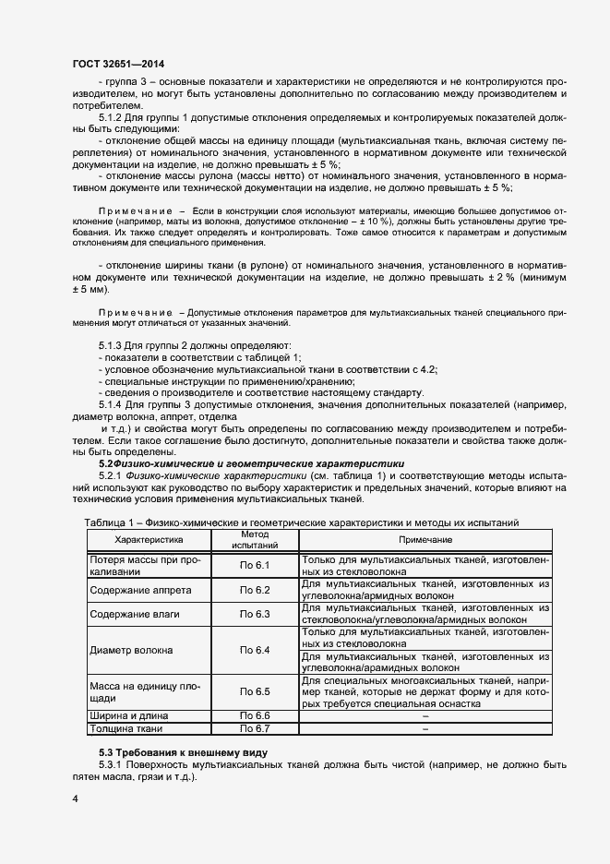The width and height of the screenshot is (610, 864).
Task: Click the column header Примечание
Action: point(425,539)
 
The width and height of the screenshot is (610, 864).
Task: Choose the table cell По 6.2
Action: point(254,590)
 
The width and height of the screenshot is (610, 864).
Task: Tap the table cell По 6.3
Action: point(254,614)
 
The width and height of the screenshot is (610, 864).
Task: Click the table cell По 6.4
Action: point(254,650)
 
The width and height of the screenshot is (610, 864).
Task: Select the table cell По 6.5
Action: point(254,691)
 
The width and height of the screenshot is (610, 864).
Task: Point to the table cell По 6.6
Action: point(254,716)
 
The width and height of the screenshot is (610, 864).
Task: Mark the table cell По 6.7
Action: point(254,729)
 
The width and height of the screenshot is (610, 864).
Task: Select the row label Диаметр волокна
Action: point(131,650)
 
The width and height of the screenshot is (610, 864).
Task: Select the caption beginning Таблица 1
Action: point(302,522)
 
